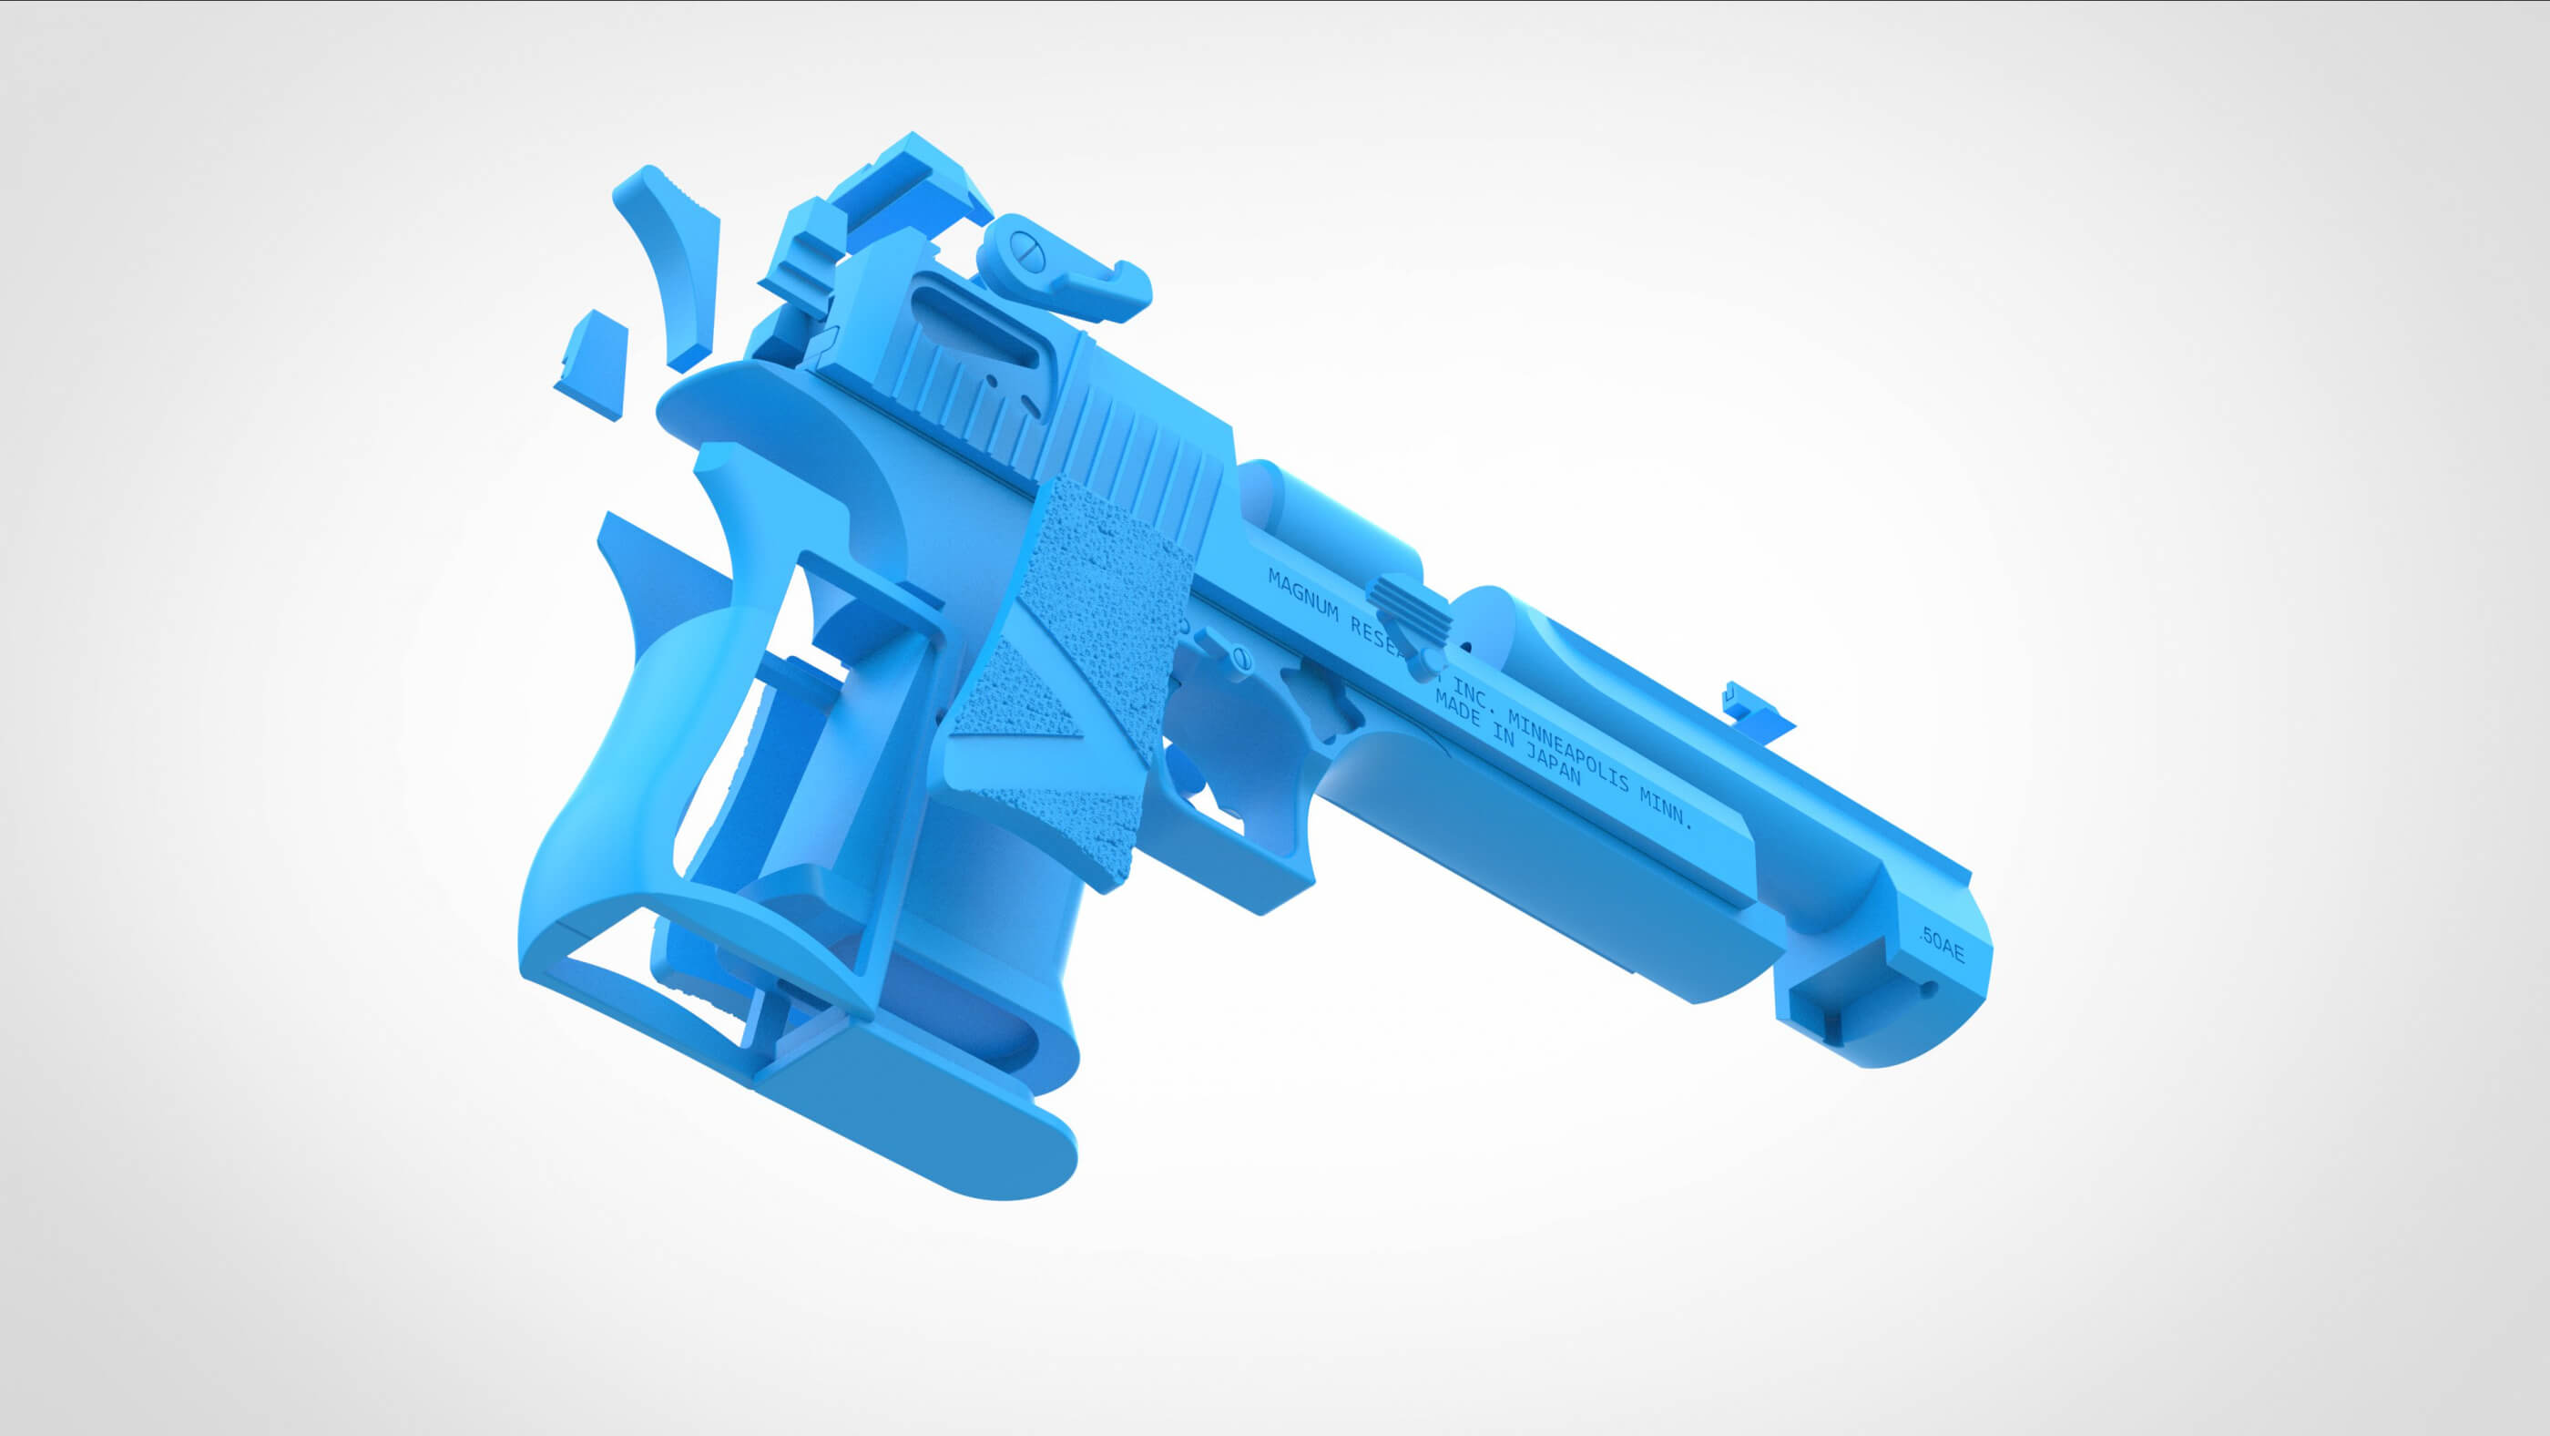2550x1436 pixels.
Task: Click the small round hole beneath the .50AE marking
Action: pos(1927,988)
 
